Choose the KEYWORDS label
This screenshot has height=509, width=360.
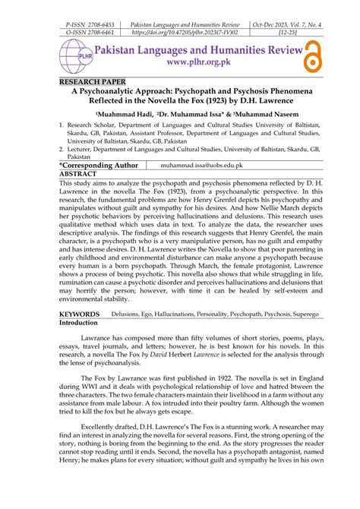79,314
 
